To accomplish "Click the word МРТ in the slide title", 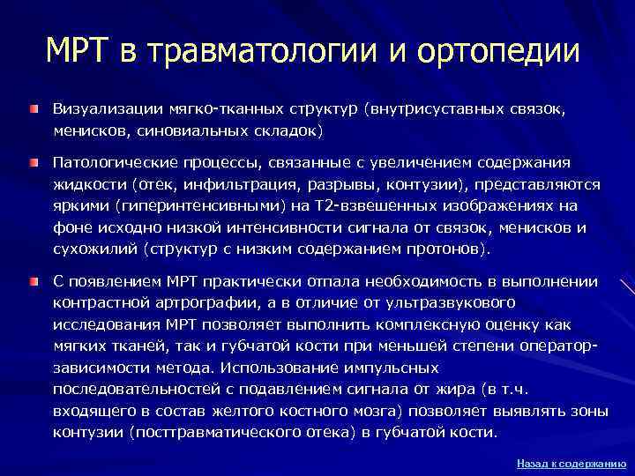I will (84, 50).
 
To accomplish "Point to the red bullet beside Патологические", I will (33, 164).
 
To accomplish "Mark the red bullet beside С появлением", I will (33, 281).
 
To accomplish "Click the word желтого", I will (242, 411).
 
